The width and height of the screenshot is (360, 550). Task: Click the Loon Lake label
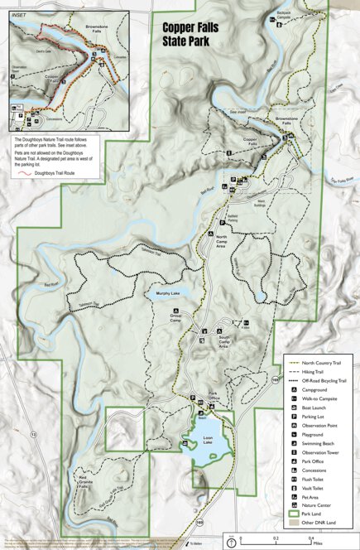[208, 437]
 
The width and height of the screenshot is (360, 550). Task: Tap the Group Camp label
[176, 316]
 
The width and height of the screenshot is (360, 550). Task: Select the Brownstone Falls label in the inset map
[98, 29]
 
